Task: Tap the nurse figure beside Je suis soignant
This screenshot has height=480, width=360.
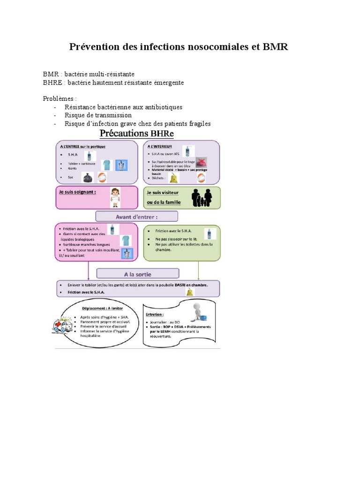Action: (x=115, y=197)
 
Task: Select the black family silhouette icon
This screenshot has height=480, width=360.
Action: (x=202, y=197)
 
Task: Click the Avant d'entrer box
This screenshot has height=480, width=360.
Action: (x=137, y=216)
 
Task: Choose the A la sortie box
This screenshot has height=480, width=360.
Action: (x=138, y=274)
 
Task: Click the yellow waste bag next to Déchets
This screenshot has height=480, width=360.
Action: (x=174, y=178)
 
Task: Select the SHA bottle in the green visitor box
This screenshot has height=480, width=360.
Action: (x=209, y=232)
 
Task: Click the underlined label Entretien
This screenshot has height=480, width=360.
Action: (x=155, y=315)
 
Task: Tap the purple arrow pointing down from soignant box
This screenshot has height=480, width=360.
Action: (x=88, y=271)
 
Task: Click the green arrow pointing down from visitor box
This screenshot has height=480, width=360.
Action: (x=199, y=271)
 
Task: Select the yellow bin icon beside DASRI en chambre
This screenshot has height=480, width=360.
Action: (x=189, y=292)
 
